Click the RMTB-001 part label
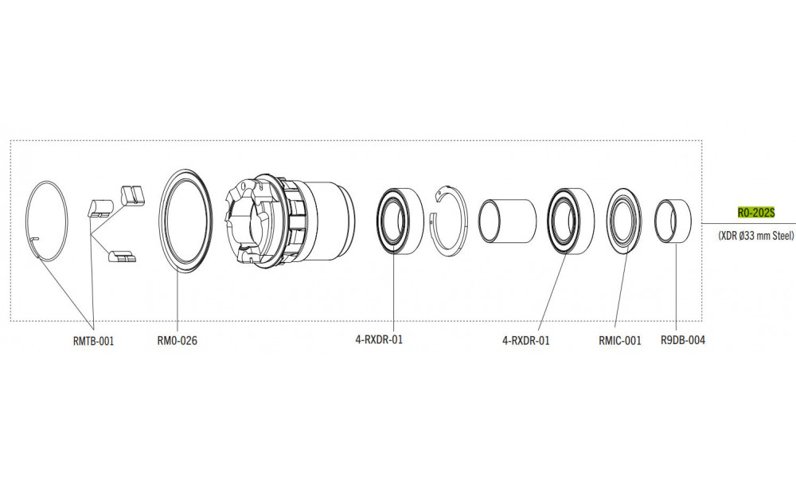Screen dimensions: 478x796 click(x=94, y=341)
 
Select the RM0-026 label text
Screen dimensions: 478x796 click(x=178, y=341)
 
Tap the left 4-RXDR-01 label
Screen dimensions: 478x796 click(x=379, y=341)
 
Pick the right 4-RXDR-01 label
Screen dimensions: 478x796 click(x=525, y=341)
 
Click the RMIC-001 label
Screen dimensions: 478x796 click(x=619, y=341)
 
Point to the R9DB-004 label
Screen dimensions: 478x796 click(x=682, y=341)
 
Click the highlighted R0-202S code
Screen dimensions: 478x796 click(x=755, y=214)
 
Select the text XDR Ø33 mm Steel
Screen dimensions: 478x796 click(x=755, y=236)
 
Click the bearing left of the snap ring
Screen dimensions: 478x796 click(x=398, y=221)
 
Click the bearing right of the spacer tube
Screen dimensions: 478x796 click(x=569, y=221)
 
